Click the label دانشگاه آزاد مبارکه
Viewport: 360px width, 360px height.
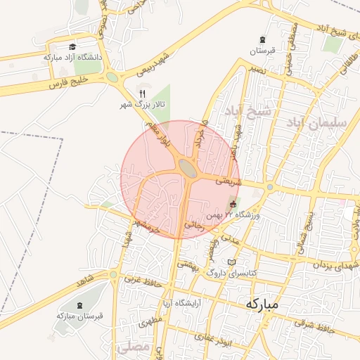pyautogui.click(x=73, y=57)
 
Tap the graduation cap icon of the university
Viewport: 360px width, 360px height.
pyautogui.click(x=72, y=46)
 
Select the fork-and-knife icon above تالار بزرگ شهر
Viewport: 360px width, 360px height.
pyautogui.click(x=143, y=93)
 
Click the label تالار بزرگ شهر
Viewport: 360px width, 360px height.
pyautogui.click(x=143, y=104)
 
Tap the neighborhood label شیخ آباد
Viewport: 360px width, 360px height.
pyautogui.click(x=248, y=110)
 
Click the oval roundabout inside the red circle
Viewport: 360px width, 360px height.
pyautogui.click(x=187, y=167)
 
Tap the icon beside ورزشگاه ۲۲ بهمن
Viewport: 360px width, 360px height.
pyautogui.click(x=233, y=204)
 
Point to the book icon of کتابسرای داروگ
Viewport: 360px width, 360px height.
pyautogui.click(x=232, y=262)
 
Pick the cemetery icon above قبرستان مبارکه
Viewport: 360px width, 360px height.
pyautogui.click(x=79, y=305)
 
